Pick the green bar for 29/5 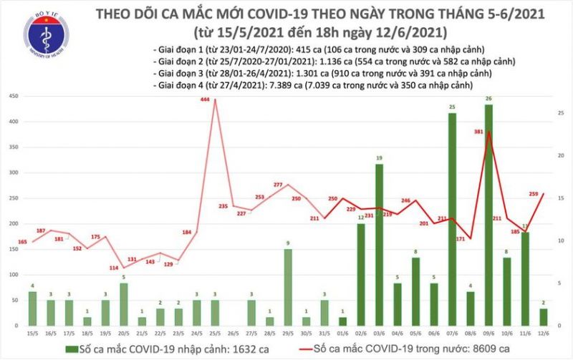click(287, 287)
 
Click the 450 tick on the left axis click(13, 97)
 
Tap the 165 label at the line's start click(22, 243)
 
